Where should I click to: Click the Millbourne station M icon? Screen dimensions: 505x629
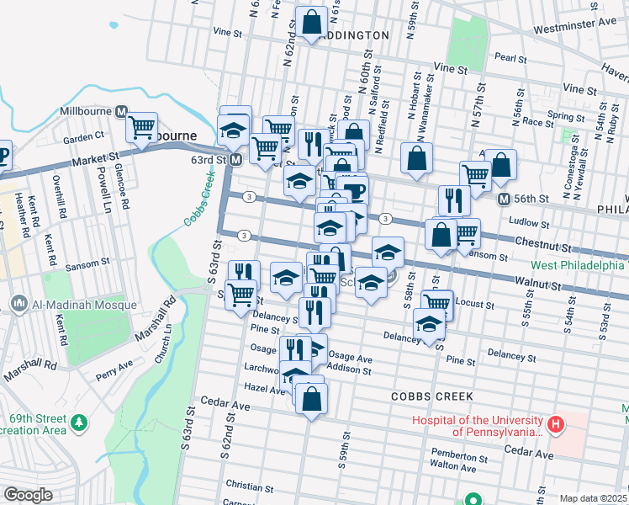[x=121, y=111]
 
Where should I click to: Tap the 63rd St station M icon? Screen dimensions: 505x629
[x=236, y=159]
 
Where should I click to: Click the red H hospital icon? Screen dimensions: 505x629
[x=555, y=425]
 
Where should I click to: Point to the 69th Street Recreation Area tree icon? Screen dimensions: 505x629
[x=79, y=421]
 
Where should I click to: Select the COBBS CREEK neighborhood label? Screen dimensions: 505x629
[x=432, y=396]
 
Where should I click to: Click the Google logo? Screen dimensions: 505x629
[x=28, y=495]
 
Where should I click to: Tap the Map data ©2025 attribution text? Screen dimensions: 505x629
[x=593, y=498]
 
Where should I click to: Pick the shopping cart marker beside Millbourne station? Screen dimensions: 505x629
[x=141, y=128]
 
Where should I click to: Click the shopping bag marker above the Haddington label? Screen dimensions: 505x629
[x=311, y=22]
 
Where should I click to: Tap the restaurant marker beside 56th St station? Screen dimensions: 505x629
[x=452, y=200]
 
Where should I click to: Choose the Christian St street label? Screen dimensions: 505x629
[x=245, y=486]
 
